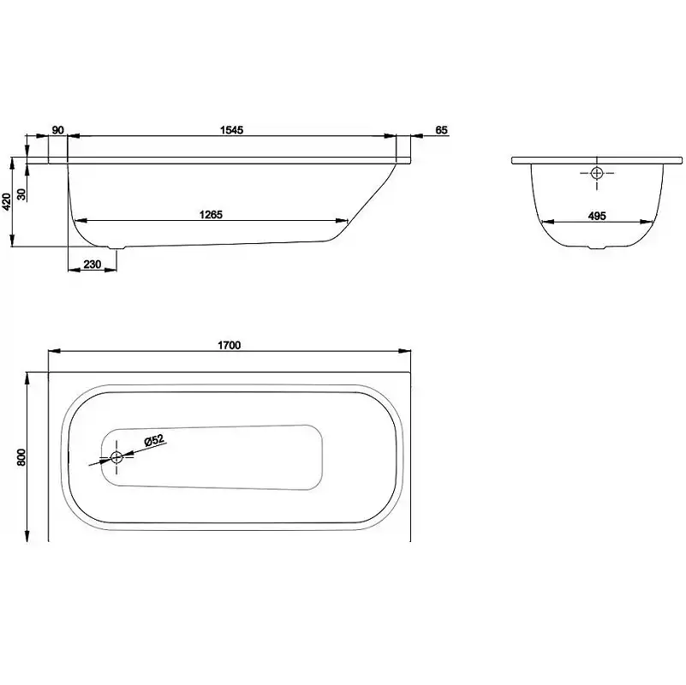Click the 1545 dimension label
tap(231, 130)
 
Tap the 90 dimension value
tap(57, 130)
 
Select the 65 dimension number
tap(442, 130)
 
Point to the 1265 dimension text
tap(211, 214)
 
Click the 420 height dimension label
tap(7, 201)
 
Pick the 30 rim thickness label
tap(21, 194)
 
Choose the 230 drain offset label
tap(92, 265)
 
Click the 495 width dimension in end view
tap(597, 216)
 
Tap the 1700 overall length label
tap(230, 345)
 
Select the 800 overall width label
tap(21, 457)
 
